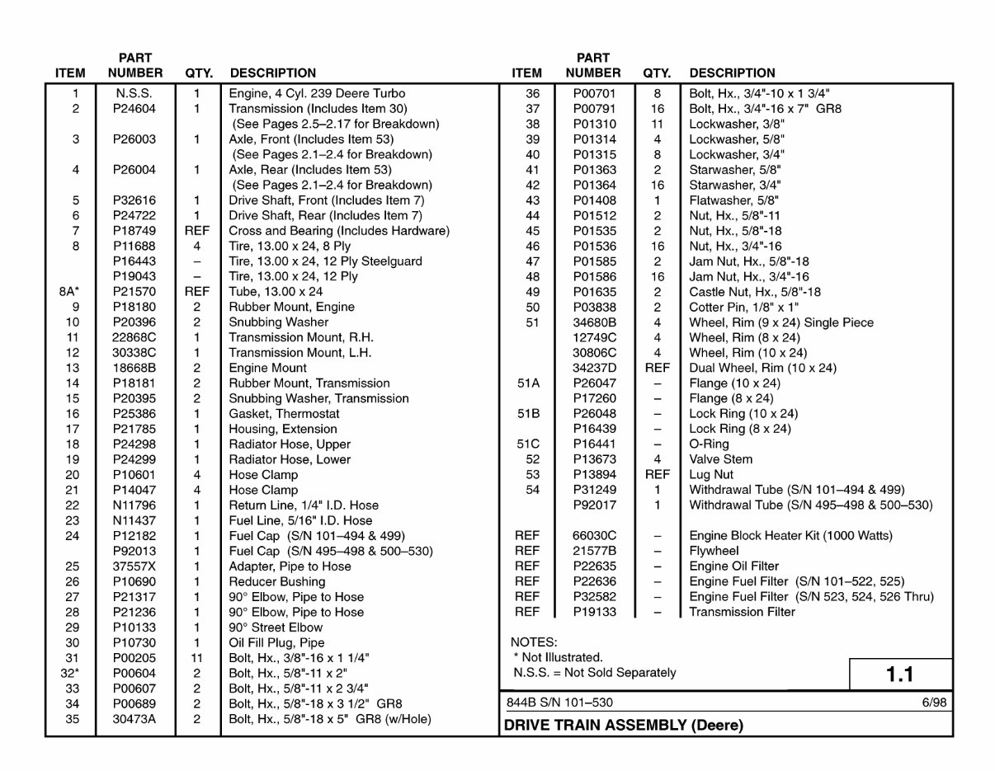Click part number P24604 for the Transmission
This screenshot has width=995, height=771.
coord(134,109)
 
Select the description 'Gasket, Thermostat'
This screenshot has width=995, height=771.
coord(284,414)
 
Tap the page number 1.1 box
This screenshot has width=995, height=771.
coord(900,675)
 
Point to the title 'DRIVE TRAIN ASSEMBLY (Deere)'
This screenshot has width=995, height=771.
coord(623,726)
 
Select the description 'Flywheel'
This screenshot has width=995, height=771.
coord(714,551)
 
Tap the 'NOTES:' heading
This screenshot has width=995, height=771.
coord(534,642)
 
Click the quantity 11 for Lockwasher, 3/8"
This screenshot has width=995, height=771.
coord(657,125)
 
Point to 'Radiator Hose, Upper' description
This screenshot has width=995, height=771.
coord(289,444)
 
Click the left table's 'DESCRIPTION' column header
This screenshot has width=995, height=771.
coord(272,73)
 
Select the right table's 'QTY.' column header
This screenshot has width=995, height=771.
coord(657,73)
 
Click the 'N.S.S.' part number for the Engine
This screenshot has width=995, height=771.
coord(134,94)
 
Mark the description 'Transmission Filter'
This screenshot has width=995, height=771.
coord(742,612)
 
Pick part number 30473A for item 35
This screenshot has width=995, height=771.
coord(134,719)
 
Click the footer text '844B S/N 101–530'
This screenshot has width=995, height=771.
coord(559,703)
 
